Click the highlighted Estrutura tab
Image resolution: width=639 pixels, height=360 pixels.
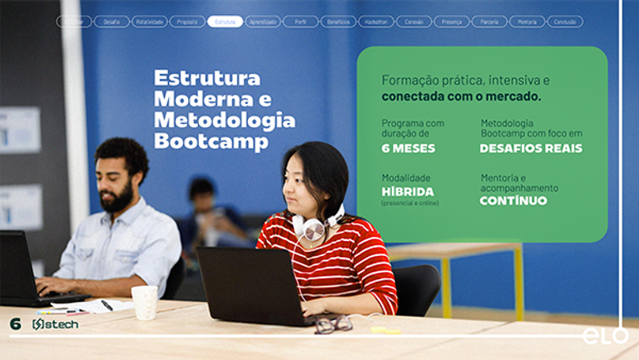(225, 22)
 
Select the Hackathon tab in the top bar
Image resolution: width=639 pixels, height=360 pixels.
(376, 22)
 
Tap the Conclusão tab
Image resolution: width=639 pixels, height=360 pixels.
(565, 22)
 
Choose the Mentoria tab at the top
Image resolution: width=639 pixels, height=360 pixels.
(527, 22)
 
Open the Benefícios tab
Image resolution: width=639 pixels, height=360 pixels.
(338, 22)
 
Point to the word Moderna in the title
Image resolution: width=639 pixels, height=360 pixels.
(201, 100)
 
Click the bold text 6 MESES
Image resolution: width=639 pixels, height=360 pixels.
(408, 149)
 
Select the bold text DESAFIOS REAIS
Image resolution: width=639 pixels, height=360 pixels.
(531, 149)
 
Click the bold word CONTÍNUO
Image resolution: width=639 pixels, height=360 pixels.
(513, 201)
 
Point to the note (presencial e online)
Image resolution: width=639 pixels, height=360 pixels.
(410, 203)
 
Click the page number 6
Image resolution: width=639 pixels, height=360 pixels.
(15, 323)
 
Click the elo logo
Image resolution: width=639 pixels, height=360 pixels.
(605, 335)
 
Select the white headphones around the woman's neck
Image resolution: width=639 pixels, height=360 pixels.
(315, 226)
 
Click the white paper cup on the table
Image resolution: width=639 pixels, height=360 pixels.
(145, 302)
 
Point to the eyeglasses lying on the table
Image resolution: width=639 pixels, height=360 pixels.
(333, 323)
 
